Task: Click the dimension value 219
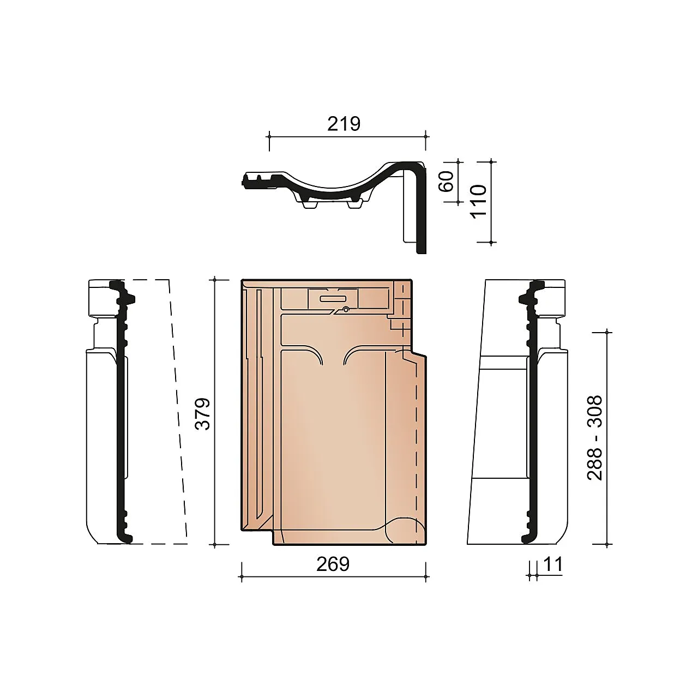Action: [x=344, y=124]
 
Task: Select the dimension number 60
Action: [x=446, y=181]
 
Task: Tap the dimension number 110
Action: [x=478, y=201]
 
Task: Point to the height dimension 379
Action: [x=202, y=413]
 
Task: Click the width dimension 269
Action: [x=333, y=564]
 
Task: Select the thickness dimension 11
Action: [x=552, y=564]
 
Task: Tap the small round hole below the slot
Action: [x=346, y=310]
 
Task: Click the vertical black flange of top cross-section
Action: [x=420, y=218]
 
